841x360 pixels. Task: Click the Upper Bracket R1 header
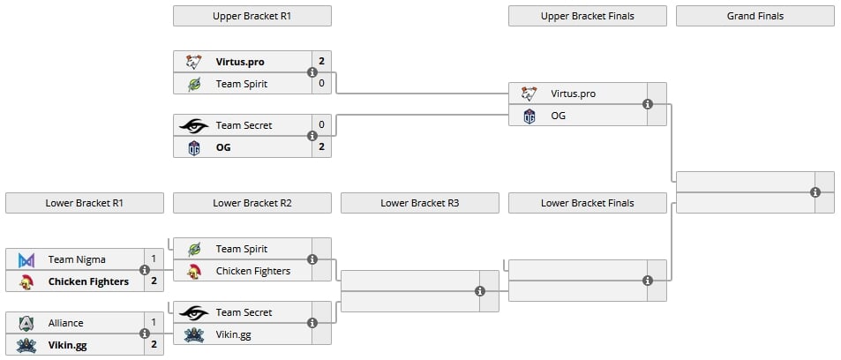(x=252, y=16)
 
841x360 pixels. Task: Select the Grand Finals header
(x=755, y=16)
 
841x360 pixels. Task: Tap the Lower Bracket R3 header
(x=419, y=203)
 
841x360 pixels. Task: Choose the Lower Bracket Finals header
(x=588, y=203)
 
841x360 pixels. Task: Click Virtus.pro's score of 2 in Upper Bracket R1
(x=321, y=62)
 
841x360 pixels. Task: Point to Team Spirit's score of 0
(x=321, y=84)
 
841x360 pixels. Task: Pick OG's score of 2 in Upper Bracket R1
(x=321, y=146)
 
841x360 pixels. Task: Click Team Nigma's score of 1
(x=154, y=259)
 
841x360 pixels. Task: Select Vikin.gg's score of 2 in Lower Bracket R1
(x=154, y=344)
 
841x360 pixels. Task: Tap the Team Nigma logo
(x=26, y=260)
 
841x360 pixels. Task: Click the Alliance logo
(x=26, y=323)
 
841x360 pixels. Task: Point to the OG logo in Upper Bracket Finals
(x=529, y=116)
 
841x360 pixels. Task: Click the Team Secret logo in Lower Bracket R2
(x=193, y=312)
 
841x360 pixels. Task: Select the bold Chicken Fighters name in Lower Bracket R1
(x=88, y=281)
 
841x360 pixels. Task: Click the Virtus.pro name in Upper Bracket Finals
(x=573, y=94)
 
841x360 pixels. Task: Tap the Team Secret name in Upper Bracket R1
(x=244, y=125)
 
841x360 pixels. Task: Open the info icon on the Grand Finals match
(x=815, y=192)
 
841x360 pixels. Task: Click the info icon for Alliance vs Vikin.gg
(x=144, y=334)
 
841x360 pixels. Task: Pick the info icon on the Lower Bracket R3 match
(x=480, y=291)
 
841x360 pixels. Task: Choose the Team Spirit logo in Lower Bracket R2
(x=194, y=249)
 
